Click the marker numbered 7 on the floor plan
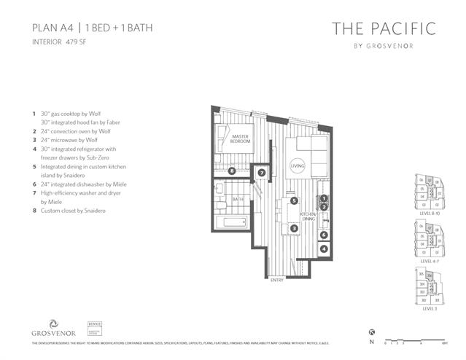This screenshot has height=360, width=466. point(262,173)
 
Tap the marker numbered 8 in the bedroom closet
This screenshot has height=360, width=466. point(231,171)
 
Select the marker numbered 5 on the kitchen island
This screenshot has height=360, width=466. point(293,200)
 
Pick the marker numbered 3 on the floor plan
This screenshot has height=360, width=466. point(293,228)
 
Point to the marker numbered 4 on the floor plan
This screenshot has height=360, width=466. point(323,249)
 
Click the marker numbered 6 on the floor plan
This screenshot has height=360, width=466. point(323,235)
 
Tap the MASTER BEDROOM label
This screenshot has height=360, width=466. point(241,138)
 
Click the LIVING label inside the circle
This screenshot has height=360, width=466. point(297,166)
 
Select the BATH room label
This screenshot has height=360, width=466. point(238,198)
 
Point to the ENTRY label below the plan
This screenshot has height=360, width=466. point(277,280)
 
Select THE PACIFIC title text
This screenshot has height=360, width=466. point(384,29)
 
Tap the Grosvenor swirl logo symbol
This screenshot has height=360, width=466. point(53,324)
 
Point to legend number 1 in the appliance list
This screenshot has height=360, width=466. point(34,114)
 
